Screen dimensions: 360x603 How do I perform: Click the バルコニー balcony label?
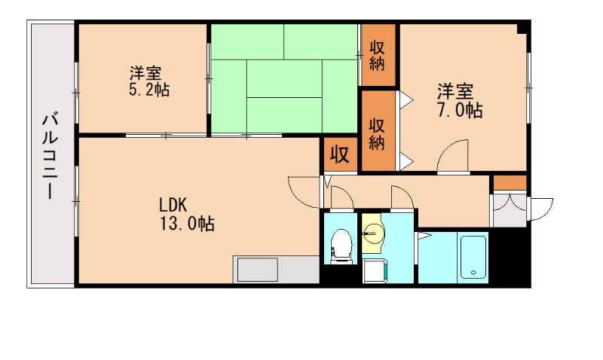point(51,155)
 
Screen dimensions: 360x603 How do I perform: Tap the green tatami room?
point(284,79)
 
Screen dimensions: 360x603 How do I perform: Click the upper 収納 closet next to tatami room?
point(378,55)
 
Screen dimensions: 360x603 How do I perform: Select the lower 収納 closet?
point(378,133)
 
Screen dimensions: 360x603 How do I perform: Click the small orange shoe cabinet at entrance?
point(510,182)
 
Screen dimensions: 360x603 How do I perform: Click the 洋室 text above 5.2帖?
point(145,74)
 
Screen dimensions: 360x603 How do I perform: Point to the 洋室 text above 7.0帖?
point(456,93)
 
